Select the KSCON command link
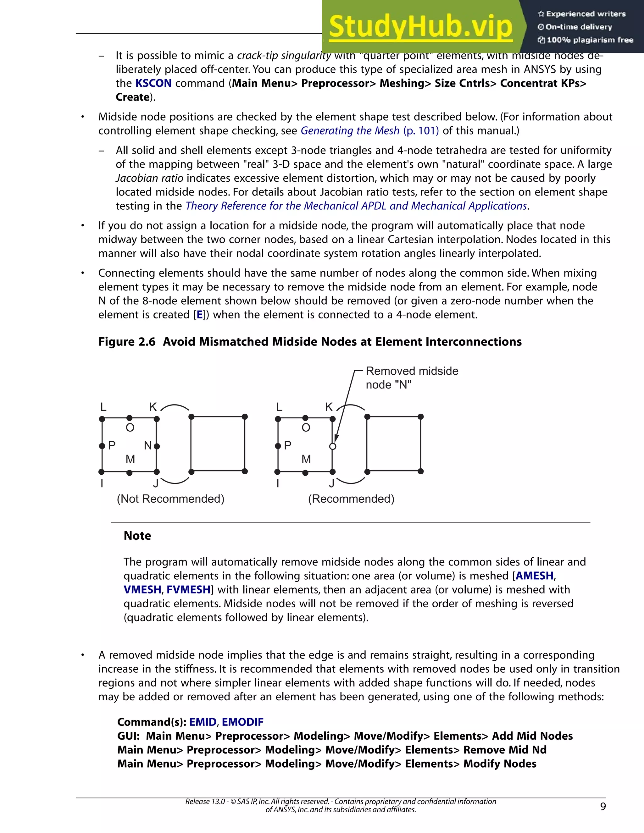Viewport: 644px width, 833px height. [x=153, y=83]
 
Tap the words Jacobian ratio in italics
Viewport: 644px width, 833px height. [x=150, y=178]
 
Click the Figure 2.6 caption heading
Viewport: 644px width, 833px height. [x=310, y=341]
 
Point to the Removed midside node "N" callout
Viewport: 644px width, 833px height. [x=412, y=378]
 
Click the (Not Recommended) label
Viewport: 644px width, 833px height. [x=170, y=499]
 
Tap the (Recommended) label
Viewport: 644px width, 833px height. [x=351, y=499]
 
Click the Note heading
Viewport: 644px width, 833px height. [x=137, y=536]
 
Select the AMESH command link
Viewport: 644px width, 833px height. [x=534, y=576]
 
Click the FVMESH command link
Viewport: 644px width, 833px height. [x=188, y=590]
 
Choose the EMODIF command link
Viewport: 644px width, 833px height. [x=243, y=722]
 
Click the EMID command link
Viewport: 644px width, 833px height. [x=203, y=722]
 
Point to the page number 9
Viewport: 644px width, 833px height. [x=603, y=806]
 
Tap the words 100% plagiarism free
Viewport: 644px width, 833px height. [x=590, y=40]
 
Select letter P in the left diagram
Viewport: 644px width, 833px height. [x=112, y=445]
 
